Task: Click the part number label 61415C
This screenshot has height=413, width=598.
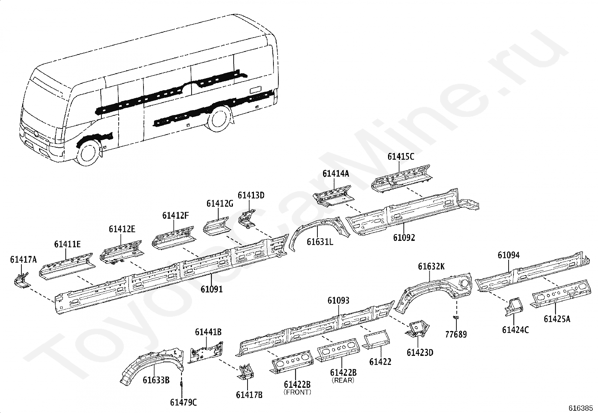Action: [x=401, y=157]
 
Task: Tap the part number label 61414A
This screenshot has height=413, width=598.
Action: [x=335, y=174]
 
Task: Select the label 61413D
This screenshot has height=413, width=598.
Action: [x=251, y=195]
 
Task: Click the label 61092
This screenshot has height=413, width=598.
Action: [x=404, y=238]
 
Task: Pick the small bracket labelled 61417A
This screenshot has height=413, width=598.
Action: [x=22, y=280]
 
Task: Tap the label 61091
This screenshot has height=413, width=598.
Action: [x=211, y=289]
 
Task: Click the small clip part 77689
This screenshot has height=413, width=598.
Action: [x=456, y=318]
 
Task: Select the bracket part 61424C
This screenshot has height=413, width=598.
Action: [x=513, y=306]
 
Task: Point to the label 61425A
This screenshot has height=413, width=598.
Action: [x=557, y=319]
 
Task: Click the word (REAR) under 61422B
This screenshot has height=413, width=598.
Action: [x=343, y=380]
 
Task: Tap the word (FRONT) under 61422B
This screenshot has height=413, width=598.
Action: [x=297, y=392]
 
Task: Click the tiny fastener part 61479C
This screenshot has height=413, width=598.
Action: [x=181, y=384]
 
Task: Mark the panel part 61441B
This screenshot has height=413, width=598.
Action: [x=206, y=352]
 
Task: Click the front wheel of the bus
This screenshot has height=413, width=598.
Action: [x=89, y=153]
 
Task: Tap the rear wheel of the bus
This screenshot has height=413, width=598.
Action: [x=219, y=119]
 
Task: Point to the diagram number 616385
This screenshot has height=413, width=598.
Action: [x=580, y=408]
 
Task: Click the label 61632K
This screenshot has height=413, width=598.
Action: [x=431, y=266]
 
